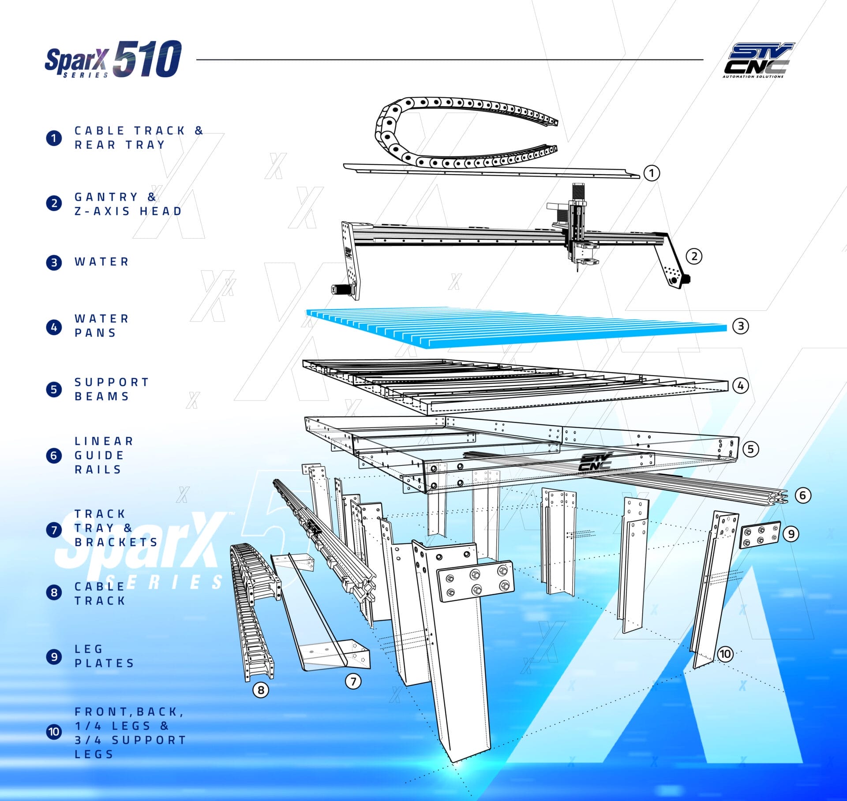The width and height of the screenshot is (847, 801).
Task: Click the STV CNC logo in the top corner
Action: (758, 60)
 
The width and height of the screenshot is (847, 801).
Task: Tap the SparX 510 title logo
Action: (113, 60)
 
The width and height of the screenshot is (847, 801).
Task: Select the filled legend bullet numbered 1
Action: (54, 138)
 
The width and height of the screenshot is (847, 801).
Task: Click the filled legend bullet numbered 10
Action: (54, 732)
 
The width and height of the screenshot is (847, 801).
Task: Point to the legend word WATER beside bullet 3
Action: (101, 262)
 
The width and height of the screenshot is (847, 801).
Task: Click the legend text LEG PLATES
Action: (104, 656)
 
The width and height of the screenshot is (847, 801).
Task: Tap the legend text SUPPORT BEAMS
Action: (112, 389)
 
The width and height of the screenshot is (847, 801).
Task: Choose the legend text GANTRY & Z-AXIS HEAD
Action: (128, 204)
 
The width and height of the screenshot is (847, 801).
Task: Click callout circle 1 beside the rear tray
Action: (652, 172)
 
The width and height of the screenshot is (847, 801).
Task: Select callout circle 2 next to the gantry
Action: (694, 256)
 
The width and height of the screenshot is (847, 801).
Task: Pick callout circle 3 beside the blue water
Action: (741, 326)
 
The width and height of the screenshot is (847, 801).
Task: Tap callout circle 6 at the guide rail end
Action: (803, 495)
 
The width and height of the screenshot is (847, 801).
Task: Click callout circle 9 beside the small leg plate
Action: (791, 534)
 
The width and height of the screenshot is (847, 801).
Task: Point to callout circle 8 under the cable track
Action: (261, 690)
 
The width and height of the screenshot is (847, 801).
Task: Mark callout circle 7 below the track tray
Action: (353, 681)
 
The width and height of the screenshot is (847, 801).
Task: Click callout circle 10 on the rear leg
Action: (726, 654)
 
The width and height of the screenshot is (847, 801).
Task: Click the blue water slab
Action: (516, 327)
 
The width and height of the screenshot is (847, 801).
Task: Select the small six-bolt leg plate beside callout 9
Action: (760, 535)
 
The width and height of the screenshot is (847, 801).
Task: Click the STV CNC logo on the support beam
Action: (595, 461)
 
